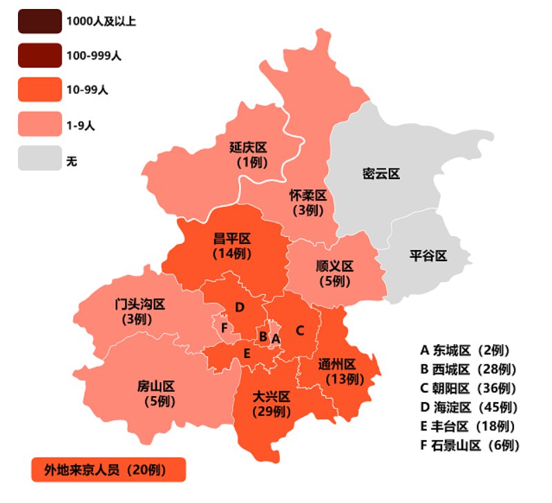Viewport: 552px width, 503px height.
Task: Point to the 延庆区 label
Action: pos(248,148)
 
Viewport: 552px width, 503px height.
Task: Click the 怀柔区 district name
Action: pos(307,196)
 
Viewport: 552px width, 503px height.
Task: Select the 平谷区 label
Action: pos(428,256)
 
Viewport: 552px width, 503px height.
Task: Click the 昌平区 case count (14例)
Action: pos(231,254)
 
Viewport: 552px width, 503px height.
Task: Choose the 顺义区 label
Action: pos(335,266)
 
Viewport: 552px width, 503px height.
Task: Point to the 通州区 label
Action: pos(337,364)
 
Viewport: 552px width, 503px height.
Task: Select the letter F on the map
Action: pos(224,326)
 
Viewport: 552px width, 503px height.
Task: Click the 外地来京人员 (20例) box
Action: pos(108,470)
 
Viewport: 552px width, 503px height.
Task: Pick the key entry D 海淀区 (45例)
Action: pos(470,407)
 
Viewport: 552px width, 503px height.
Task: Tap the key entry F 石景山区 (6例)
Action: pos(470,445)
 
